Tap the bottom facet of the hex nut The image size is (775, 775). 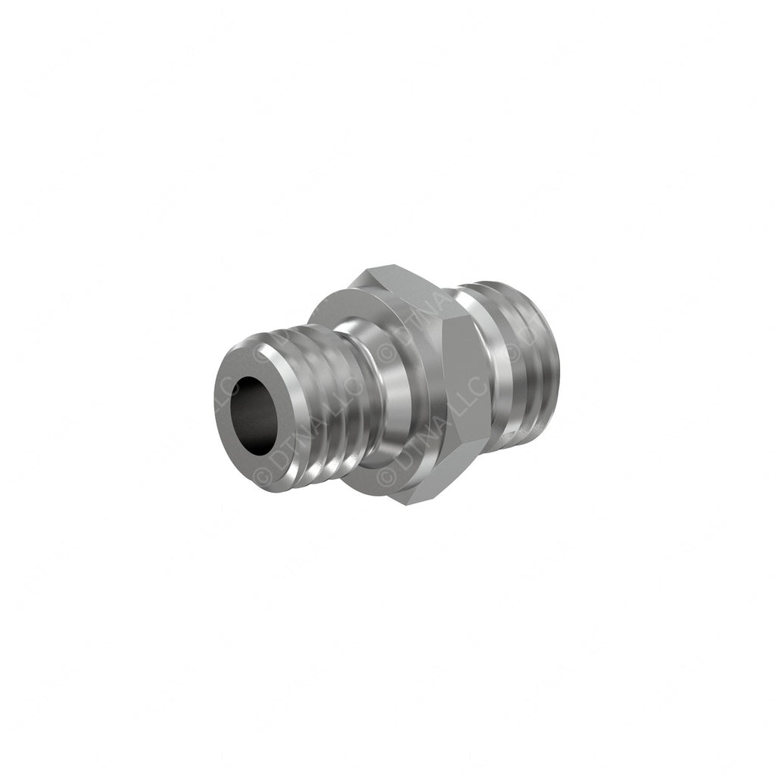pyautogui.click(x=424, y=492)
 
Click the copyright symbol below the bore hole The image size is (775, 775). pyautogui.click(x=264, y=476)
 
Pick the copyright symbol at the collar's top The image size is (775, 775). pyautogui.click(x=386, y=353)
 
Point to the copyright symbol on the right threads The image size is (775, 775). pyautogui.click(x=514, y=353)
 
